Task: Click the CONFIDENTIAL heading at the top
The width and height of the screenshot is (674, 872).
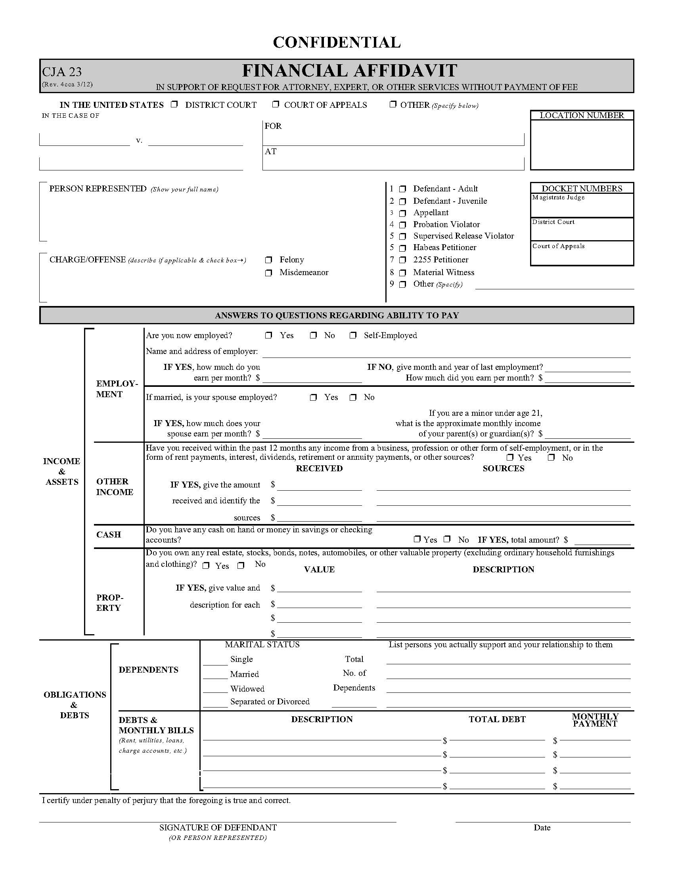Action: [337, 42]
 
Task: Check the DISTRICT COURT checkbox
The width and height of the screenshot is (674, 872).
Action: [174, 105]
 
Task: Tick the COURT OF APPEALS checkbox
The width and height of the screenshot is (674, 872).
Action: [276, 105]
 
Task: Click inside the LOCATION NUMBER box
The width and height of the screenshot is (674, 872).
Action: [582, 145]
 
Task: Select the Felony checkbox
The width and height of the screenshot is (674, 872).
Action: [269, 260]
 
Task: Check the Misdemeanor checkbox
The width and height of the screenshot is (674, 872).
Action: [269, 273]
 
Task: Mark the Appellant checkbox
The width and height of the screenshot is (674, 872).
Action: [403, 213]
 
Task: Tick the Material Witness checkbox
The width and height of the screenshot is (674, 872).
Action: [403, 273]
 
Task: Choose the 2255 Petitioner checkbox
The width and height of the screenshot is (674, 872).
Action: [403, 260]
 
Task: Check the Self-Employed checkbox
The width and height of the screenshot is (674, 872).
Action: [353, 335]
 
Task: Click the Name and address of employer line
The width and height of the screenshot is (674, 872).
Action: [446, 352]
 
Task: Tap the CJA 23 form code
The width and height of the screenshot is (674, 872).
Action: [62, 72]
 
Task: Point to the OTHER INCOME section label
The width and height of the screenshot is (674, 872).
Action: [115, 487]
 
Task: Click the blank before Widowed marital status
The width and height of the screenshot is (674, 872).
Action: [215, 688]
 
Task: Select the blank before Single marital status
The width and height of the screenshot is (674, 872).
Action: [215, 660]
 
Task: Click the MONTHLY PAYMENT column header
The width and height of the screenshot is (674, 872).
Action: [595, 720]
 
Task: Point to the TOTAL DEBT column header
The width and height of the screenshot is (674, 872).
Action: [497, 719]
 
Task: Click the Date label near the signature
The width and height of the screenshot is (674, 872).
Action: [542, 828]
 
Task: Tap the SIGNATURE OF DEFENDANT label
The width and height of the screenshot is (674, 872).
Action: [218, 827]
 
